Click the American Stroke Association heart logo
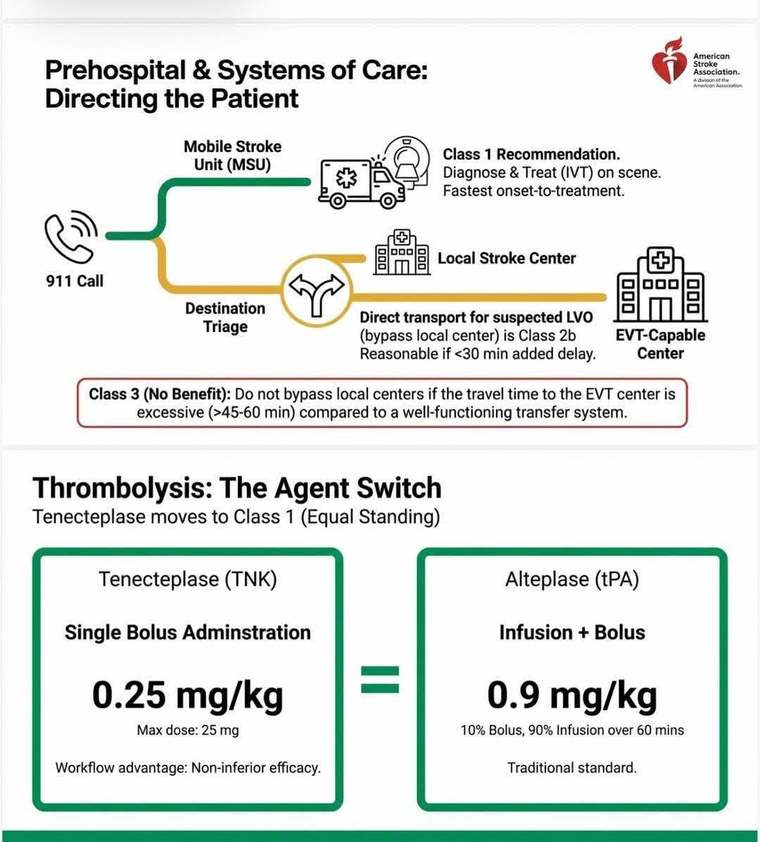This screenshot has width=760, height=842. click(x=669, y=68)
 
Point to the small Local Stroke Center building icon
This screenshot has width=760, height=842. click(x=401, y=253)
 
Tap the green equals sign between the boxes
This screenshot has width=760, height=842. click(x=380, y=679)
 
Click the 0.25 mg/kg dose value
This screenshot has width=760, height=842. click(x=187, y=695)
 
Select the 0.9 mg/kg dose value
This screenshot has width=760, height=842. click(x=571, y=695)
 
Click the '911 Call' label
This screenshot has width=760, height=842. click(x=75, y=281)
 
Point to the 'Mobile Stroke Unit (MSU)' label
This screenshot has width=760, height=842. click(x=232, y=155)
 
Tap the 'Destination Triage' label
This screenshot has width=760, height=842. click(x=225, y=317)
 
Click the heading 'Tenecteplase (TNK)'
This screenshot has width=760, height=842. click(x=187, y=579)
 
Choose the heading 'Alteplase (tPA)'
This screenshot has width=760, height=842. click(x=571, y=579)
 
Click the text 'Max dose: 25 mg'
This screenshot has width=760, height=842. click(x=187, y=730)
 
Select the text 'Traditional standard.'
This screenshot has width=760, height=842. click(x=571, y=767)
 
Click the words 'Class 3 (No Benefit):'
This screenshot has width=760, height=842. click(x=160, y=394)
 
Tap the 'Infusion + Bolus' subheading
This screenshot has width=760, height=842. click(x=571, y=632)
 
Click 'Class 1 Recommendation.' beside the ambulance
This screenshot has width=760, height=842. click(x=531, y=154)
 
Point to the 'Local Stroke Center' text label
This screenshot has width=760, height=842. click(x=506, y=258)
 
